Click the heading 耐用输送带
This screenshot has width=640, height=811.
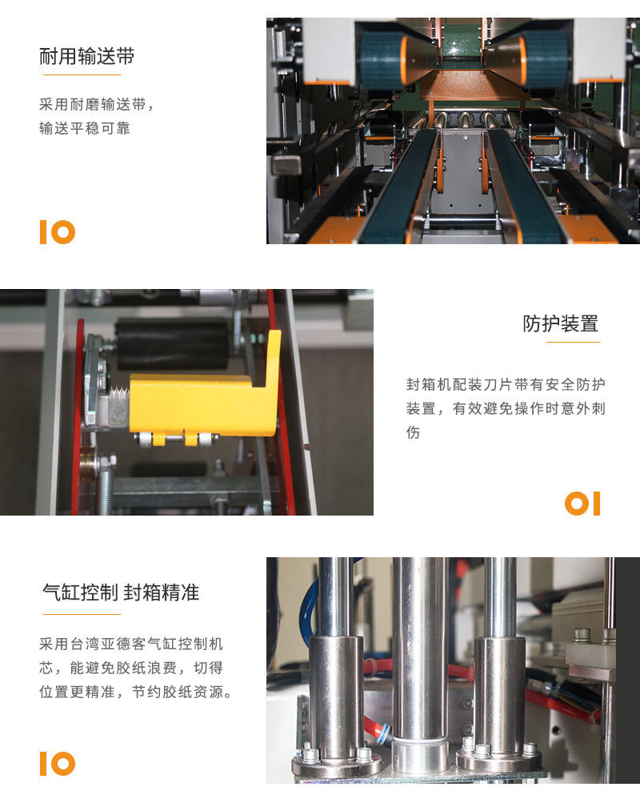pyautogui.click(x=87, y=56)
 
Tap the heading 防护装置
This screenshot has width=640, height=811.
pyautogui.click(x=560, y=323)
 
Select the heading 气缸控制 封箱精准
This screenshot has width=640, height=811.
pyautogui.click(x=121, y=592)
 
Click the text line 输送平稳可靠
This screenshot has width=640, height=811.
pyautogui.click(x=85, y=128)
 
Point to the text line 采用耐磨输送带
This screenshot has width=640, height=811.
pyautogui.click(x=97, y=105)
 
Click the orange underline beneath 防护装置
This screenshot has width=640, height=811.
pyautogui.click(x=573, y=342)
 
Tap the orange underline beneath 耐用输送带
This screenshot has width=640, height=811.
pyautogui.click(x=82, y=75)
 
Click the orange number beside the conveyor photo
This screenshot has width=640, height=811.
pyautogui.click(x=58, y=232)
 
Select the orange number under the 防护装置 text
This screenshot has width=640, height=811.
pyautogui.click(x=582, y=504)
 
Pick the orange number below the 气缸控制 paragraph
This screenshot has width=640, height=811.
pyautogui.click(x=58, y=764)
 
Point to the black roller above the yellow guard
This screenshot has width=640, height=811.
pyautogui.click(x=172, y=343)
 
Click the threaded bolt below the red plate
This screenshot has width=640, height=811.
pyautogui.click(x=105, y=485)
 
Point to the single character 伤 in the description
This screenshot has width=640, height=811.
pyautogui.click(x=413, y=432)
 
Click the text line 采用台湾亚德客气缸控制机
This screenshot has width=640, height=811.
pyautogui.click(x=131, y=644)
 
